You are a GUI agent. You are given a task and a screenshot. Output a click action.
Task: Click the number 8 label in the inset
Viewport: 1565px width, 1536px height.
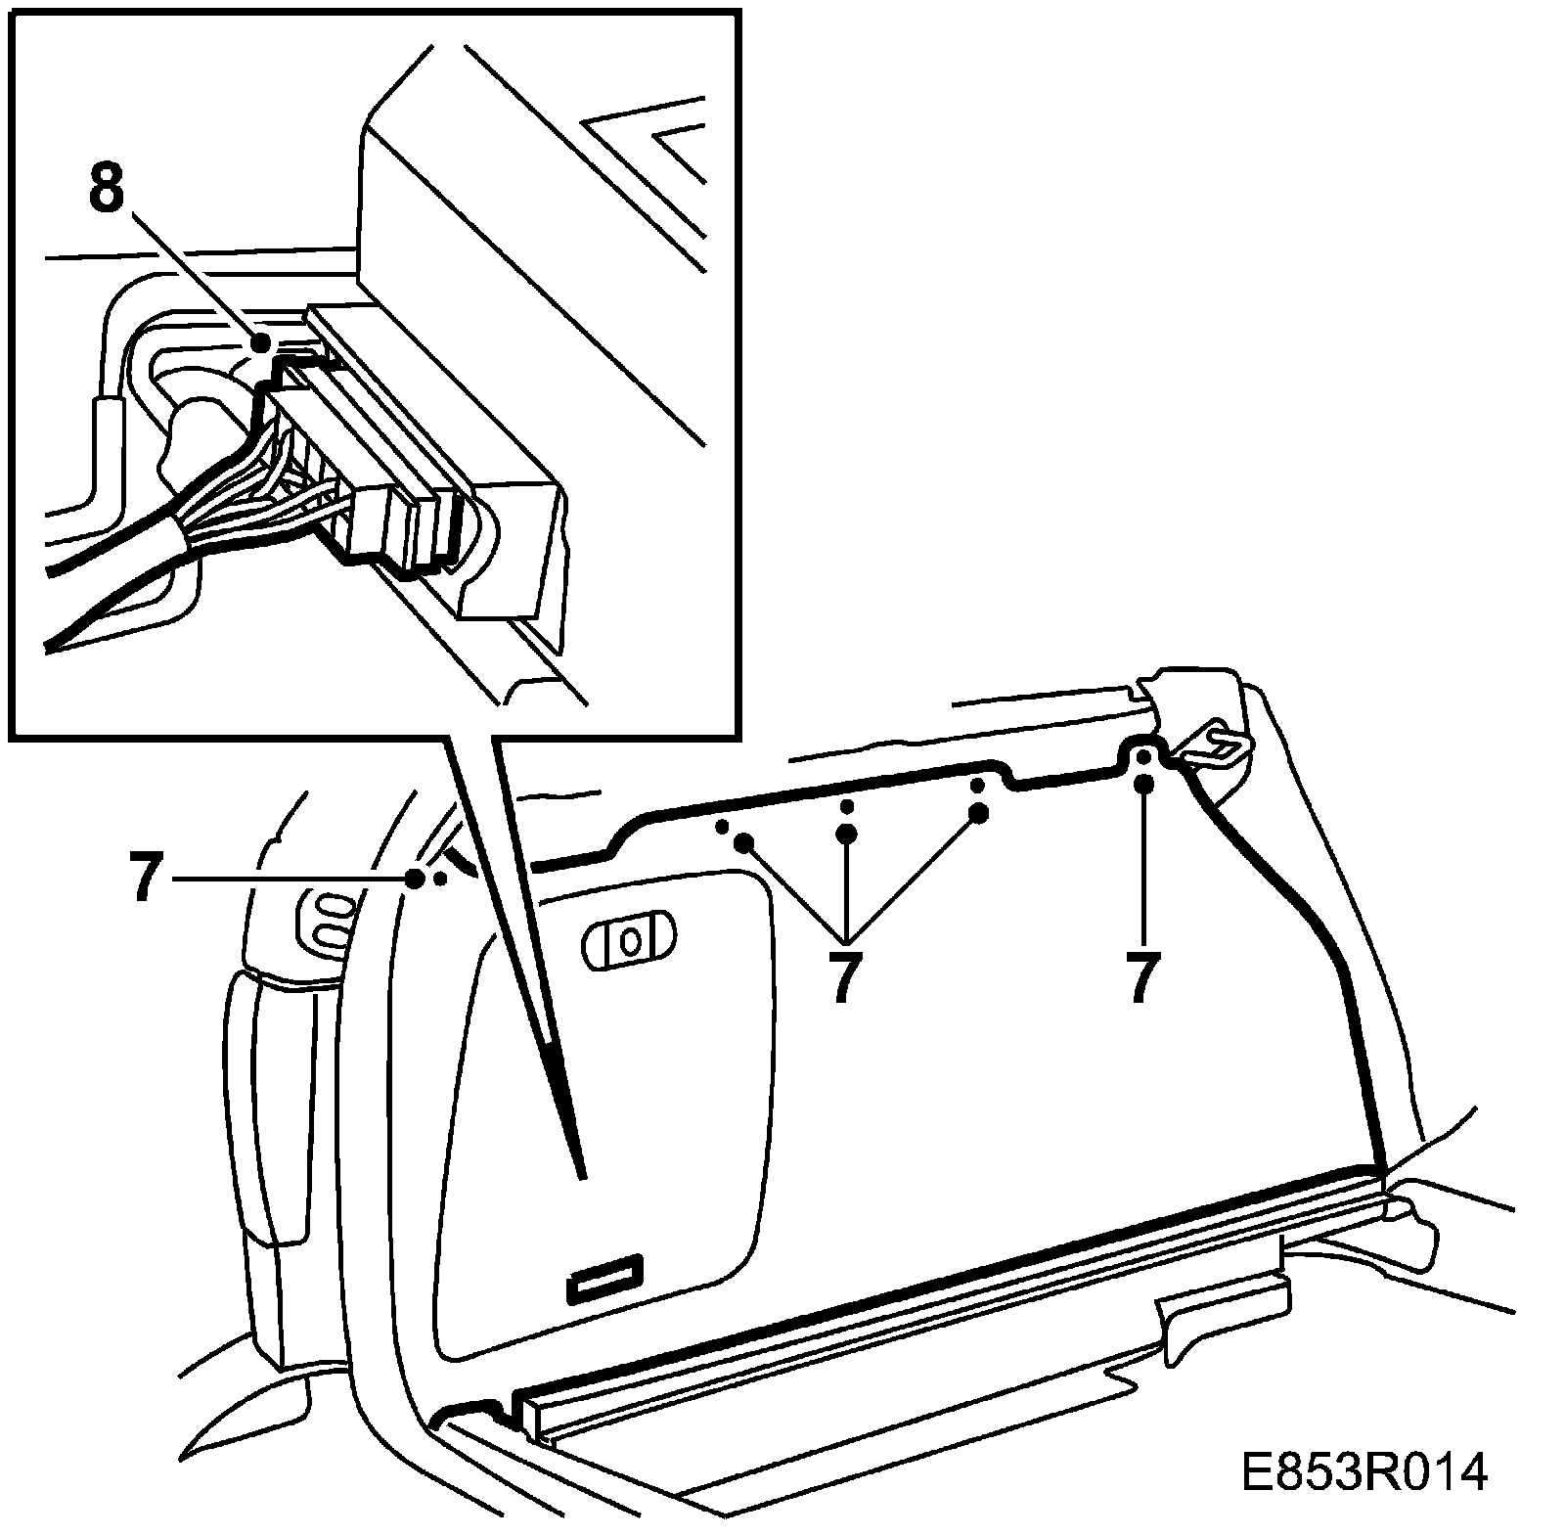click(x=107, y=190)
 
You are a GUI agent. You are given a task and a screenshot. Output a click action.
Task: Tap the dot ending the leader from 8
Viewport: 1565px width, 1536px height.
click(x=260, y=342)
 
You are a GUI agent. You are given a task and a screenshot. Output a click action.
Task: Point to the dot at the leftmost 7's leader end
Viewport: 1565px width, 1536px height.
click(x=415, y=879)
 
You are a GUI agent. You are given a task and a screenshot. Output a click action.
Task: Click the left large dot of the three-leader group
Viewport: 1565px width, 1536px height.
click(x=743, y=841)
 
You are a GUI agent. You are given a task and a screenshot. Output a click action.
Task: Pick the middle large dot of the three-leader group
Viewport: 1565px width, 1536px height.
click(x=847, y=834)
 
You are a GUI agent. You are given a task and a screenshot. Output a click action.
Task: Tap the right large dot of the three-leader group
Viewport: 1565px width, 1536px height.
click(x=976, y=812)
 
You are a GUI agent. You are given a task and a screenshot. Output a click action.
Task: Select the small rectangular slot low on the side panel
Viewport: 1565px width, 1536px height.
click(x=604, y=1278)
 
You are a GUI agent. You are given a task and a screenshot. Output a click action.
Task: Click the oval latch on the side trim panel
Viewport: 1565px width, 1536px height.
click(x=629, y=941)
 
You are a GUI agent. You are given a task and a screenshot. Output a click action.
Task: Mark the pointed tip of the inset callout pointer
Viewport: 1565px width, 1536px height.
click(x=581, y=1174)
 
